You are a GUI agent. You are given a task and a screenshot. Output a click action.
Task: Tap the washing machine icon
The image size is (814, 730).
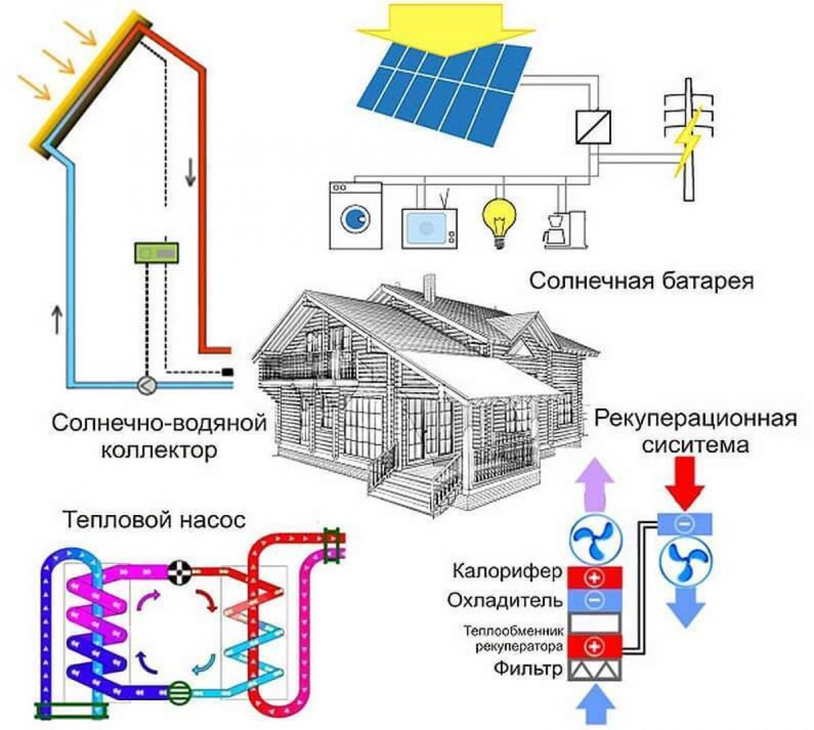[x=355, y=215]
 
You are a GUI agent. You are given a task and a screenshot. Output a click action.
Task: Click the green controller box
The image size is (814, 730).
[x=156, y=252]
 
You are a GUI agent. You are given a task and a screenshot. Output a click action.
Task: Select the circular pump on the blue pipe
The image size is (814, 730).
[x=147, y=385]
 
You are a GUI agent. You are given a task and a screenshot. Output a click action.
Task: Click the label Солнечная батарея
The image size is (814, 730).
[x=641, y=281]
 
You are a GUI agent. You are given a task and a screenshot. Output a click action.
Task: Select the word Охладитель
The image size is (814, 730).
[x=505, y=601]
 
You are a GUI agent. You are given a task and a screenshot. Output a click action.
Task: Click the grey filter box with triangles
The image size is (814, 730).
[x=594, y=670]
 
